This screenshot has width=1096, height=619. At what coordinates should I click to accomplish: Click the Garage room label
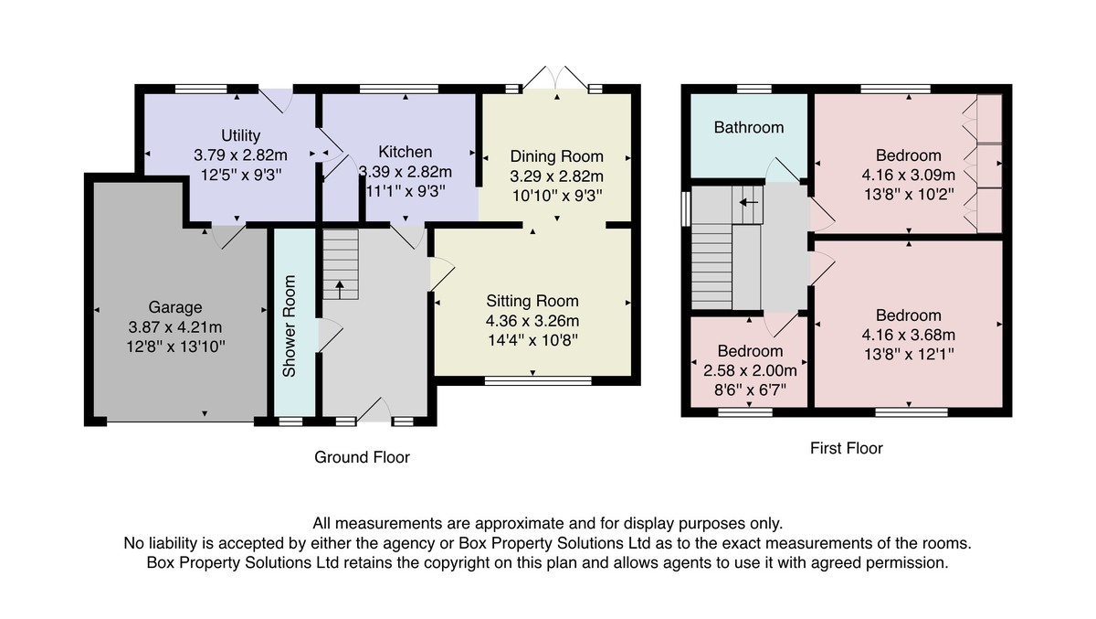coord(175,307)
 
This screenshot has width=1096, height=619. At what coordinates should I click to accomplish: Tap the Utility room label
coord(240,135)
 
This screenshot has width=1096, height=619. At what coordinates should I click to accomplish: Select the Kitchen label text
coord(406,152)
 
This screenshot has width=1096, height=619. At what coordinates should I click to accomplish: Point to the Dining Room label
coord(557,156)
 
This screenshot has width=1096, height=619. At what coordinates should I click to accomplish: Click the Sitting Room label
coord(532,301)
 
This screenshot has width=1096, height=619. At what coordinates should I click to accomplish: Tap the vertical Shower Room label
coord(290,326)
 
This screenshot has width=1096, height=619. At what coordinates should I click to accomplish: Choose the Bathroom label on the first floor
coord(749,128)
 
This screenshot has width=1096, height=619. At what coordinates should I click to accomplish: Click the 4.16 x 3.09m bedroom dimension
coord(909,175)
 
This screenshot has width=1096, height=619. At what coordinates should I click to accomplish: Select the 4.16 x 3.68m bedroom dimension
coord(909,335)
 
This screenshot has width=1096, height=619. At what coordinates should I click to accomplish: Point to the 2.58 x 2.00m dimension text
coord(750,370)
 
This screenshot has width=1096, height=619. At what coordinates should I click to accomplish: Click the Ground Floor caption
coord(362,457)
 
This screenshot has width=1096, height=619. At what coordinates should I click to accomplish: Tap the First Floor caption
coord(847,449)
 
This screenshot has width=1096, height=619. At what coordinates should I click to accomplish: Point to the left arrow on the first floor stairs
coord(748,202)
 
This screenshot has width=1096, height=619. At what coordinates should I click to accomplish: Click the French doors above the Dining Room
coord(556,79)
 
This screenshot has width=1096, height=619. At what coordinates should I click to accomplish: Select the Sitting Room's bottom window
coord(538,381)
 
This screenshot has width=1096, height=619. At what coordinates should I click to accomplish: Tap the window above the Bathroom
coord(754,89)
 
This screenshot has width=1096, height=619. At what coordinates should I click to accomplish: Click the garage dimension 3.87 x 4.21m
coord(175,327)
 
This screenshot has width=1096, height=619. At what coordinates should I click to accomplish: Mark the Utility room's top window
coord(202,89)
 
